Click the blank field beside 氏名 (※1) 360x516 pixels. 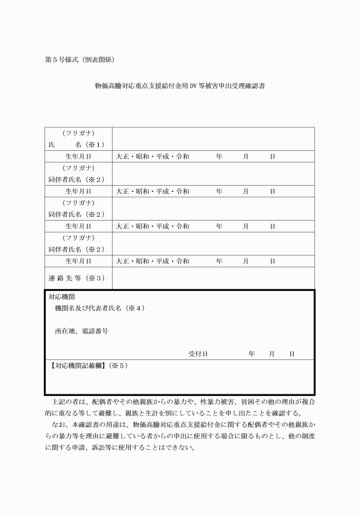[213, 138]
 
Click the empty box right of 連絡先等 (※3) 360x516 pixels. [213, 278]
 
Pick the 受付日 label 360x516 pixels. [197, 354]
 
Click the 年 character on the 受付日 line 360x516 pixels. [251, 354]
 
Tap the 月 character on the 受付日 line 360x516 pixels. [271, 354]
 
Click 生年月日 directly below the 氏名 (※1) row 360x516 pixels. [78, 156]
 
